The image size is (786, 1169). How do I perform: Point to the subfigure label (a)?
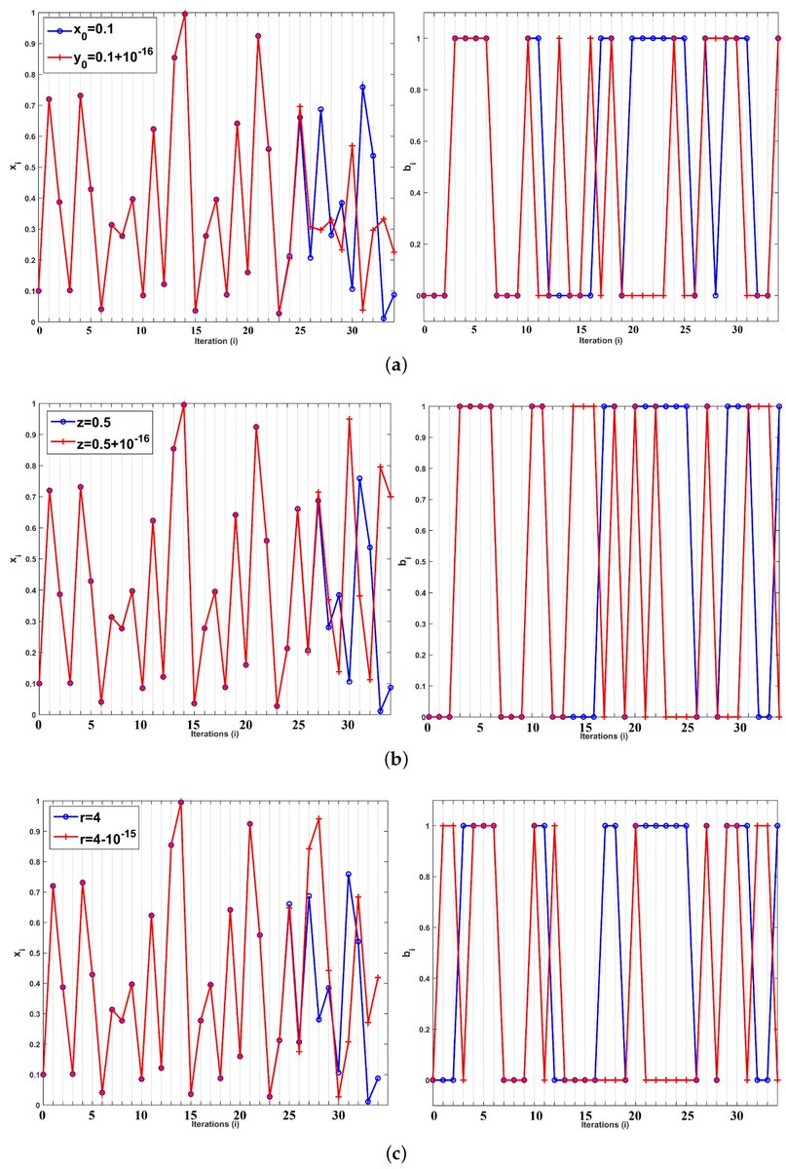(x=392, y=363)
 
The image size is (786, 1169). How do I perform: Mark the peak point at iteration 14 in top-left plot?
(x=185, y=14)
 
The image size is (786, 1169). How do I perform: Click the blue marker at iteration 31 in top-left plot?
(x=362, y=87)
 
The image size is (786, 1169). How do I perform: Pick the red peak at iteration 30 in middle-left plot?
(x=349, y=419)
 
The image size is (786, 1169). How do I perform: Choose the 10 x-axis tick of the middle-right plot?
(x=531, y=726)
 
